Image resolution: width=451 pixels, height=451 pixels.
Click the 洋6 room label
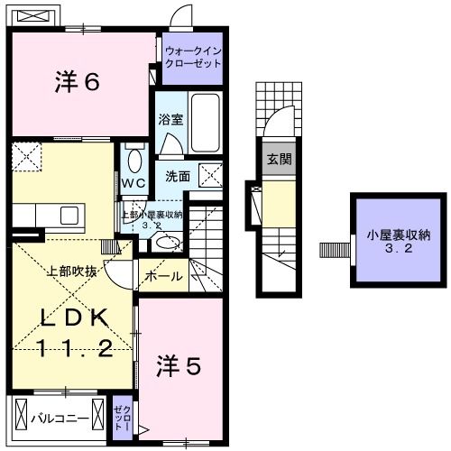click(x=78, y=82)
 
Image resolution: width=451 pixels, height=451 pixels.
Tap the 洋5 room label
click(x=179, y=366)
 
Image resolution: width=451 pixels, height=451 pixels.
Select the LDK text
click(x=74, y=318)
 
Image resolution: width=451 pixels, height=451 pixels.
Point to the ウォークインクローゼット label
click(x=193, y=57)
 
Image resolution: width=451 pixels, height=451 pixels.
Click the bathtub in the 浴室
click(x=206, y=123)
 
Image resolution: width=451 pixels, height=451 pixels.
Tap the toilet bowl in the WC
click(x=134, y=161)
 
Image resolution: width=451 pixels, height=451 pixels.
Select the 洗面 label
click(x=178, y=177)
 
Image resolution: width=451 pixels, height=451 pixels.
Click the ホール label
click(x=164, y=276)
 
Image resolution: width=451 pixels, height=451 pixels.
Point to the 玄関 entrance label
click(x=280, y=159)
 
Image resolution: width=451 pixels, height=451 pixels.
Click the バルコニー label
click(x=60, y=419)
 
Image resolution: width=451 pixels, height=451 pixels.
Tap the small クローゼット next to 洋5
click(x=123, y=418)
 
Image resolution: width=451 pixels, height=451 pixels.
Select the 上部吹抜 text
click(x=72, y=272)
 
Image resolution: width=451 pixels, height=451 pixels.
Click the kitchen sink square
click(x=69, y=216)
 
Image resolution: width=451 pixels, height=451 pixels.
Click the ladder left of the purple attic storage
click(x=335, y=250)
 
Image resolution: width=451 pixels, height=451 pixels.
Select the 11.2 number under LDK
click(x=75, y=348)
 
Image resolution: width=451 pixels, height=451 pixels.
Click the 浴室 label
click(x=170, y=120)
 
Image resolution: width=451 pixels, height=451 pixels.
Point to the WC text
click(x=133, y=182)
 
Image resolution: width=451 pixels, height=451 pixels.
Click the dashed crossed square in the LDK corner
click(x=26, y=157)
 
